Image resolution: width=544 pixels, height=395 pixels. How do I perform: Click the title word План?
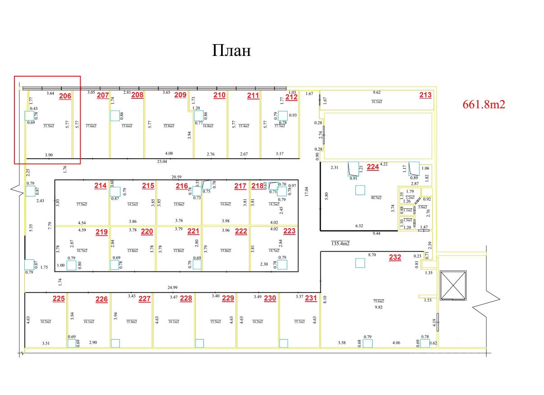(x=231, y=51)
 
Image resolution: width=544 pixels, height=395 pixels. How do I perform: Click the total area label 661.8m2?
(x=484, y=105)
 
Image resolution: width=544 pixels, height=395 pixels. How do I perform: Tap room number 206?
(x=65, y=96)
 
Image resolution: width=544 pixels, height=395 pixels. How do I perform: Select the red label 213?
(x=425, y=95)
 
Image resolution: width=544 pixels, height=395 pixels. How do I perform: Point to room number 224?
(x=373, y=167)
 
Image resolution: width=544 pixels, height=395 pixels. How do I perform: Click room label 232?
(x=395, y=257)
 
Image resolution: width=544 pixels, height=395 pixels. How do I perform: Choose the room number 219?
(x=101, y=232)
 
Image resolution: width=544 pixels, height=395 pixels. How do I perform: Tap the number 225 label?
(x=59, y=298)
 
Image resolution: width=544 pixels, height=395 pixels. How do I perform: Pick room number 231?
(x=311, y=298)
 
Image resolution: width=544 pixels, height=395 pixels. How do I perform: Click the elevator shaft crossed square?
(x=453, y=285)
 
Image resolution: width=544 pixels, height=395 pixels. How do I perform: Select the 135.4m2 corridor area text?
(x=341, y=244)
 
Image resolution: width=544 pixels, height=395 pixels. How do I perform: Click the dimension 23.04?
(x=161, y=161)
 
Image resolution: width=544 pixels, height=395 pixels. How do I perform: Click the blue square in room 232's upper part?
(x=360, y=262)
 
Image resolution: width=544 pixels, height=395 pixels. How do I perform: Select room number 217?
(x=240, y=186)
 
